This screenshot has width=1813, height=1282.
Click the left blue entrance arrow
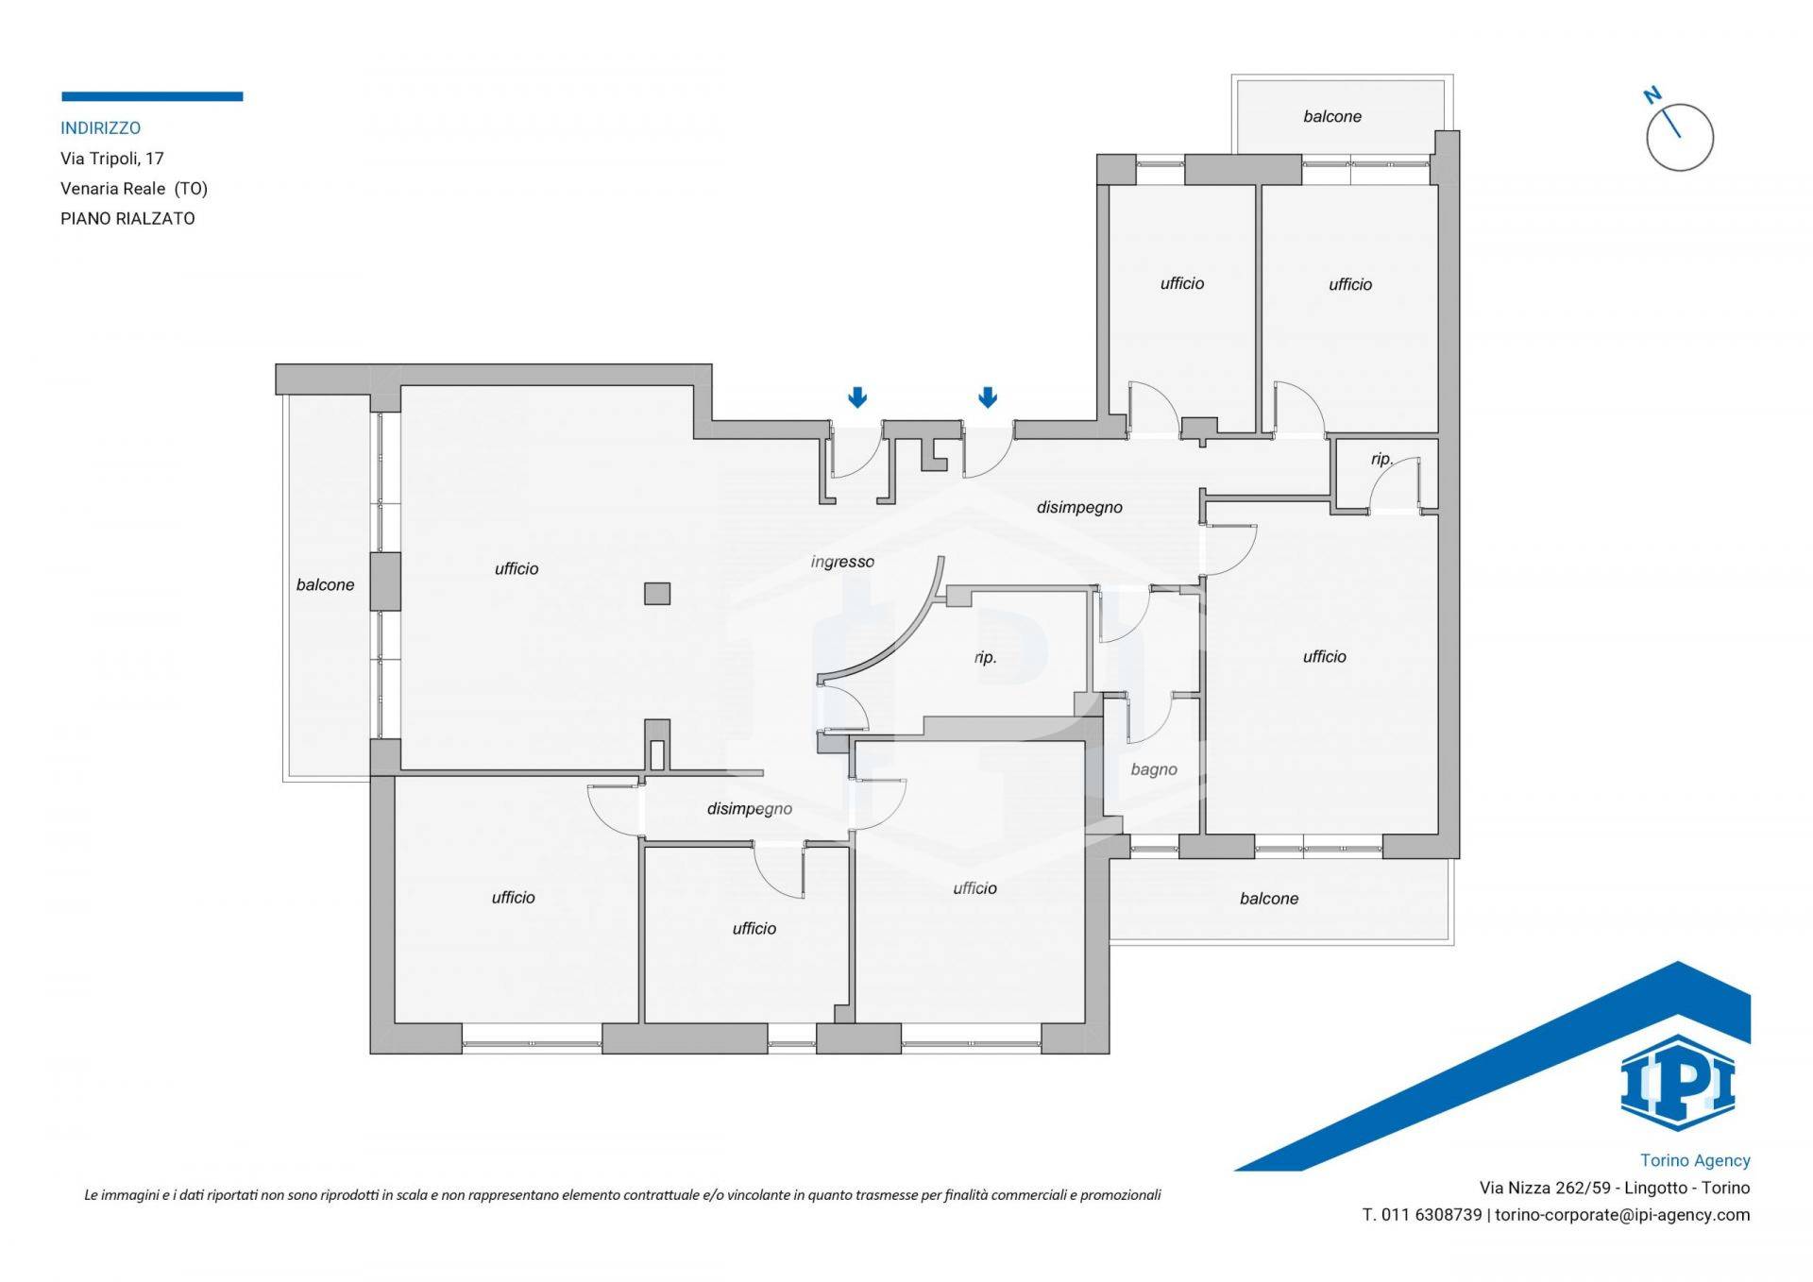(857, 397)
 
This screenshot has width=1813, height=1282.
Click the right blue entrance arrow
(988, 397)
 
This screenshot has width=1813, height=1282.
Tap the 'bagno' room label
(1154, 769)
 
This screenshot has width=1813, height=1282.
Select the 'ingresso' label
(842, 562)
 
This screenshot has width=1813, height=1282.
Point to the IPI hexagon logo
(1678, 1083)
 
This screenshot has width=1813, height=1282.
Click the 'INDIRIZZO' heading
(101, 127)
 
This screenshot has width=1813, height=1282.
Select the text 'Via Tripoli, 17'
(112, 158)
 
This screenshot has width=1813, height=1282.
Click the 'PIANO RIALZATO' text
(127, 218)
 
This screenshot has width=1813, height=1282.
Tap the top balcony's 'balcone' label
(1332, 116)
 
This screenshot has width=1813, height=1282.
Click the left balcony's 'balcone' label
(326, 584)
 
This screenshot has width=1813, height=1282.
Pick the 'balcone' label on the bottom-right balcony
(1269, 898)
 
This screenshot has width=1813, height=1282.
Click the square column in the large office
(657, 594)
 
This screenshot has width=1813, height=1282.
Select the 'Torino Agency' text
(1695, 1160)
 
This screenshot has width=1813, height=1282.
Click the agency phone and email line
(1556, 1215)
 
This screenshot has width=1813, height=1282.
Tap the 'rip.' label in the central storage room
(985, 657)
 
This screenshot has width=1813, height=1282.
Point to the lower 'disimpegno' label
(750, 809)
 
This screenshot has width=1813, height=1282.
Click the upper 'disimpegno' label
(1079, 507)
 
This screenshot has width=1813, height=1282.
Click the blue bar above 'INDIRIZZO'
(152, 96)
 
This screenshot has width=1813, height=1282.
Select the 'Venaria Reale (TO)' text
(134, 188)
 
